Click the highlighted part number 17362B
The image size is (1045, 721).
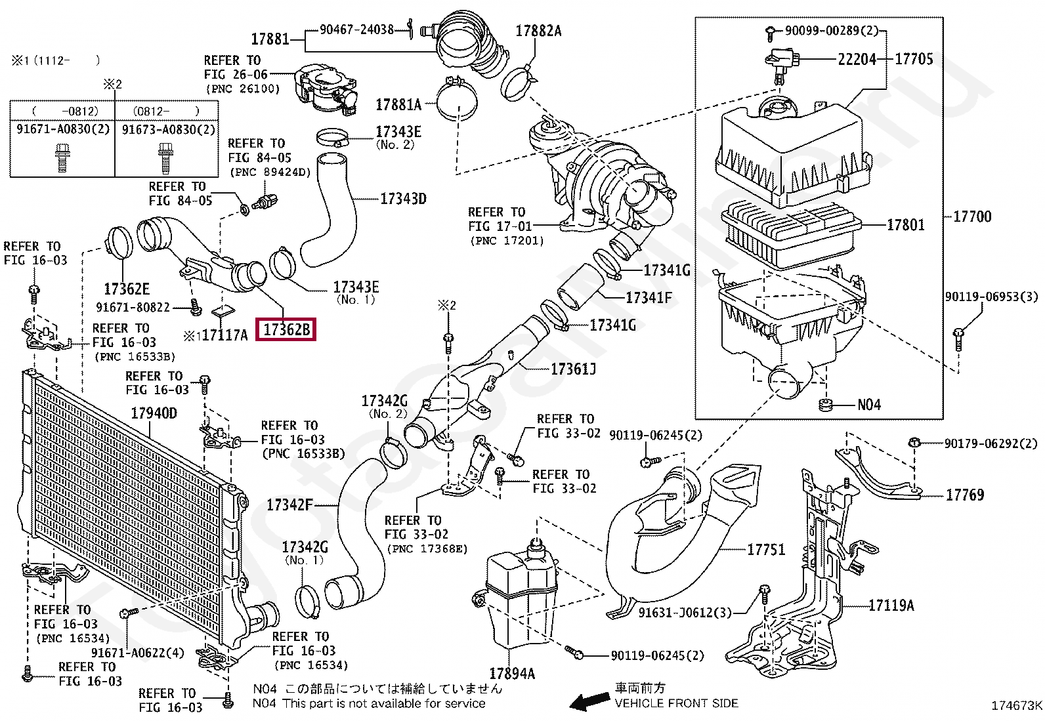tap(286, 330)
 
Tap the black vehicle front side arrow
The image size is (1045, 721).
tap(589, 701)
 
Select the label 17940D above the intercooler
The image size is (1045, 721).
tap(154, 413)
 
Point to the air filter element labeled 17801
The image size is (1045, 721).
tap(791, 236)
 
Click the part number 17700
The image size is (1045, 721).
tap(972, 216)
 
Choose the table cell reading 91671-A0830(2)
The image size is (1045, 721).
tap(63, 129)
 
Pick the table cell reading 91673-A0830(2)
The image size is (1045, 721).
tap(169, 129)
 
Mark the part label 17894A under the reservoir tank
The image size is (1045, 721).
tap(512, 673)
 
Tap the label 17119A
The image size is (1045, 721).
tap(891, 606)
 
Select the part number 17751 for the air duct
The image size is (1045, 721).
tap(766, 549)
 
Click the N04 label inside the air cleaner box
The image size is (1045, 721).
tap(869, 405)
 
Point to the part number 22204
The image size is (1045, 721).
tap(857, 59)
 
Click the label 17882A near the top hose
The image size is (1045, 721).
tap(538, 31)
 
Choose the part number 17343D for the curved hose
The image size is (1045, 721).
tap(404, 199)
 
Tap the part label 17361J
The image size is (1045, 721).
tap(573, 369)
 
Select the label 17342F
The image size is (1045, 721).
tap(289, 505)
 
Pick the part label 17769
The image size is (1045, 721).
tap(965, 495)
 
